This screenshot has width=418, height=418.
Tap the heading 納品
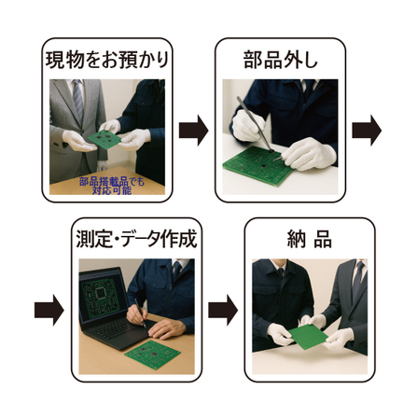point(309,238)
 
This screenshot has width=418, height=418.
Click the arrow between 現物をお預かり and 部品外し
point(193,132)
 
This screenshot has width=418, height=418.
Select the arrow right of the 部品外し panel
point(367,132)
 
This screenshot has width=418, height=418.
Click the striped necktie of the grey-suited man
point(78,101)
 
